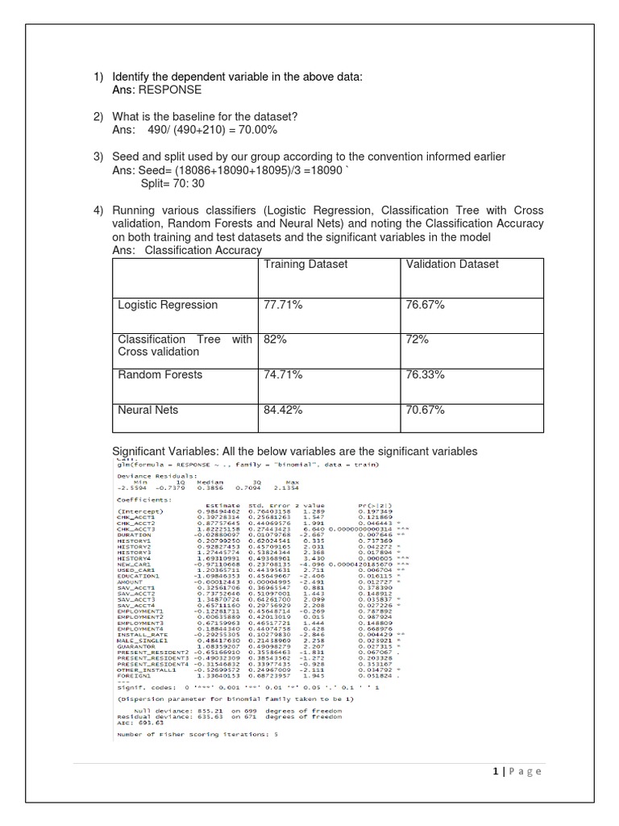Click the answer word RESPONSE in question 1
point(170,90)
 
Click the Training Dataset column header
point(305,264)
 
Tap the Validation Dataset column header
point(452,264)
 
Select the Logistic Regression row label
point(168,305)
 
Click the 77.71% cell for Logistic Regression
point(282,305)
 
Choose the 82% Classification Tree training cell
point(276,340)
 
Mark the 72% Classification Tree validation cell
point(418,340)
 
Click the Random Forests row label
point(160,375)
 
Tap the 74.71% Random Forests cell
point(282,375)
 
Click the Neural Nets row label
point(149,411)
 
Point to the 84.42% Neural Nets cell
point(282,411)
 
